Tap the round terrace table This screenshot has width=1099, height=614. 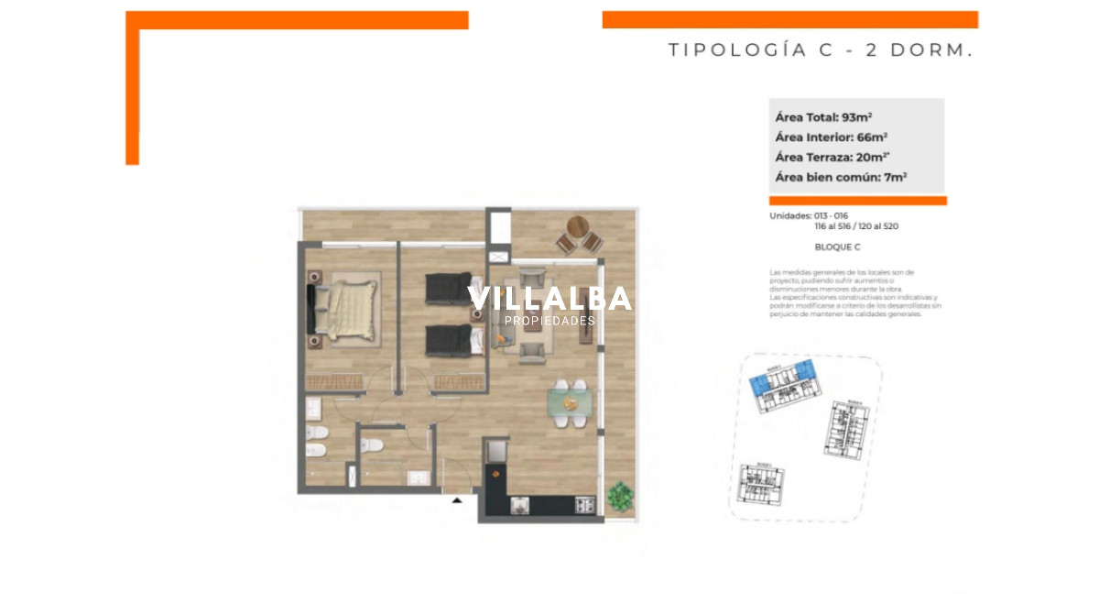(x=579, y=225)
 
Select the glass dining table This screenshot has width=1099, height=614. (x=569, y=402)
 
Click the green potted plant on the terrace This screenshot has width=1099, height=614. (x=620, y=496)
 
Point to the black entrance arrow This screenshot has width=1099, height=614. (x=456, y=499)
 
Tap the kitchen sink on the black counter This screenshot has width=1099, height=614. (x=520, y=505)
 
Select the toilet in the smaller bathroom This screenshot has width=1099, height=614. (x=371, y=446)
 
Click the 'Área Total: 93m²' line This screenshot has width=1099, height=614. (x=822, y=117)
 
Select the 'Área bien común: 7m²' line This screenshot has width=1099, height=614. (x=840, y=178)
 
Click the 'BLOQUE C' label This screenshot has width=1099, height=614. (x=837, y=247)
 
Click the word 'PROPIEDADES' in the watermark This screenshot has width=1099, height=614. (x=549, y=321)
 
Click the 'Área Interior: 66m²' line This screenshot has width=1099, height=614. (x=831, y=137)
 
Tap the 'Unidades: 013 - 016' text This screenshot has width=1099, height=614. (x=811, y=216)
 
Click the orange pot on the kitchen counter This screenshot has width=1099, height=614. (x=497, y=473)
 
